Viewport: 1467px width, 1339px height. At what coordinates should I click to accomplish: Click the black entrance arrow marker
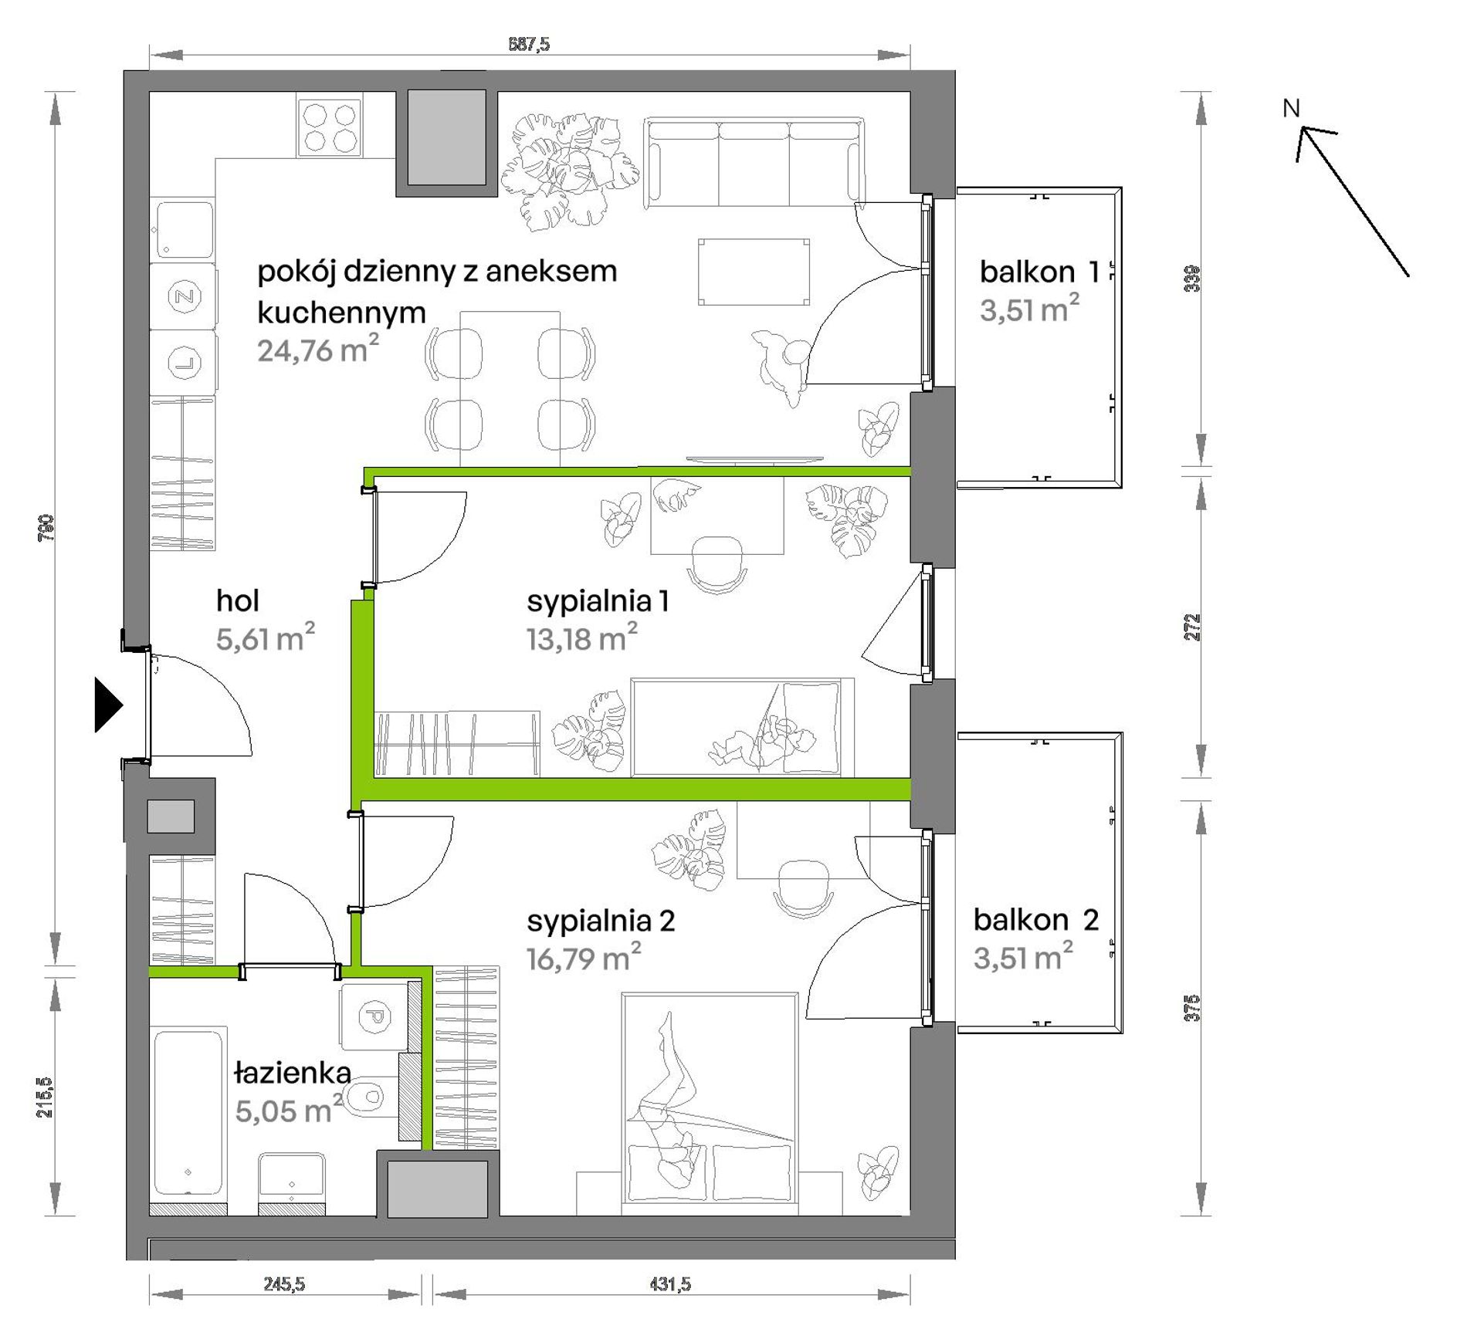tap(108, 704)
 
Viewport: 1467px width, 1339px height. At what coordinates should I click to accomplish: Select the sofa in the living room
tap(754, 162)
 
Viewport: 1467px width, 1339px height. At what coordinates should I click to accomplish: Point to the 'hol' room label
tap(238, 600)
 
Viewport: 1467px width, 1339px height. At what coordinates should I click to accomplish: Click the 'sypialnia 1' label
tap(598, 601)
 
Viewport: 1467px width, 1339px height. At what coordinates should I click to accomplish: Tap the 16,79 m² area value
tap(584, 958)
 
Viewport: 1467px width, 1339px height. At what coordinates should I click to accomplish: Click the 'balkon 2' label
tap(1036, 920)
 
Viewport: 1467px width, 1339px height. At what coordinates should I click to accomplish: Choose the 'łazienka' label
tap(293, 1073)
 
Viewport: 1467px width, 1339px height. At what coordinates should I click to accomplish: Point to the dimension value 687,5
tap(529, 44)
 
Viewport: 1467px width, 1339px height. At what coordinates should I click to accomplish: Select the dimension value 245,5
tap(285, 1284)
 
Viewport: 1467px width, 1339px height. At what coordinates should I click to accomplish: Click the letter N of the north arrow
tap(1292, 109)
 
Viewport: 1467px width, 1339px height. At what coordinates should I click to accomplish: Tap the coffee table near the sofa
tap(754, 272)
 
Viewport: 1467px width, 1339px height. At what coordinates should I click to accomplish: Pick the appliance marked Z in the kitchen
tap(184, 296)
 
